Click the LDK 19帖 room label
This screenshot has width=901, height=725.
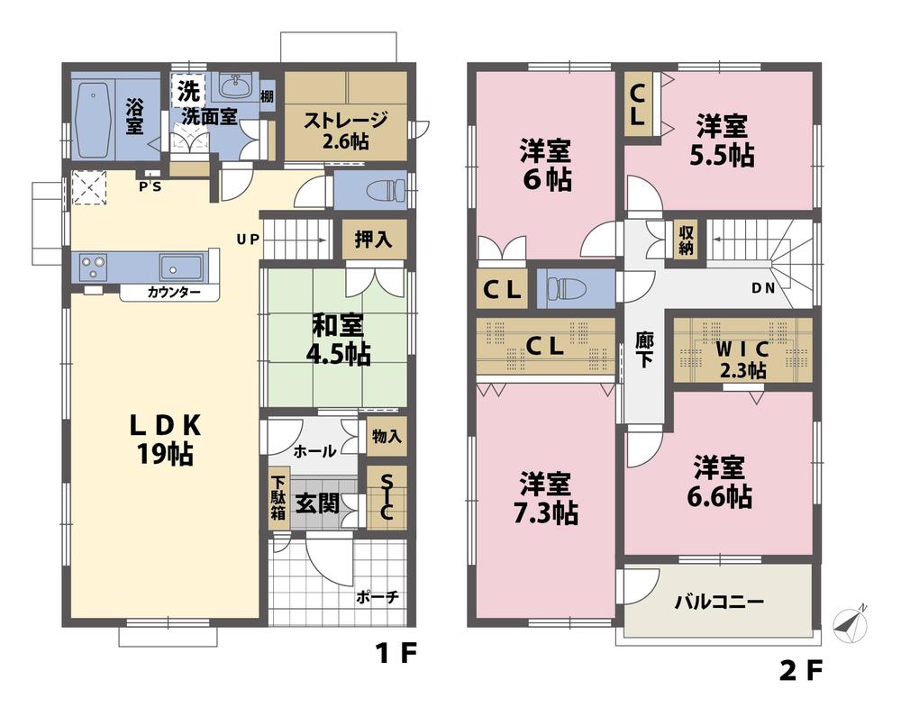click(x=162, y=438)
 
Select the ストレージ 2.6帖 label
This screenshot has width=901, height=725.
click(x=345, y=128)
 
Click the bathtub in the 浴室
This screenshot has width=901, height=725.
click(x=90, y=120)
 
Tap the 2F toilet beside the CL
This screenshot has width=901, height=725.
click(x=565, y=289)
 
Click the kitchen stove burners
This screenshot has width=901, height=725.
click(x=93, y=267)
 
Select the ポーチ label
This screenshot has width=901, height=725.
click(x=378, y=596)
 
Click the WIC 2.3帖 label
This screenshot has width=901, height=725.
click(x=742, y=356)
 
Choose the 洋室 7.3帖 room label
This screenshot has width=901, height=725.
click(x=547, y=498)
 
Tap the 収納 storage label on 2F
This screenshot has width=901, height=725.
click(x=687, y=239)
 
